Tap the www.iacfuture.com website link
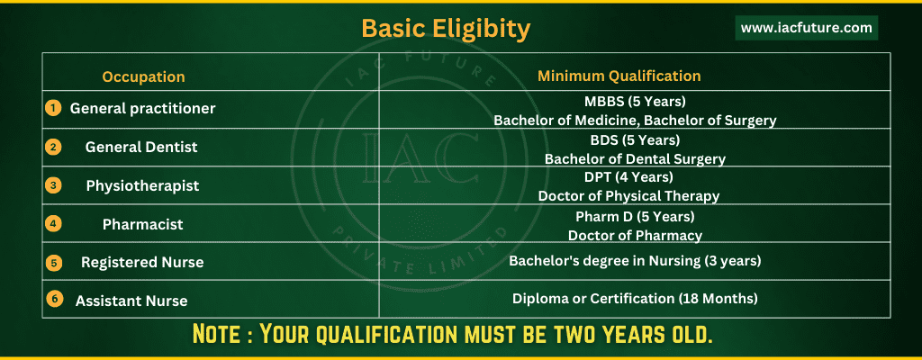[806, 28]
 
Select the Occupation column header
[143, 77]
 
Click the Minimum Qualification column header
[619, 76]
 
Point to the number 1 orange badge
[53, 108]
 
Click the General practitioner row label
[143, 109]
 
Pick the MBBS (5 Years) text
[635, 102]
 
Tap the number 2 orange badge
[53, 147]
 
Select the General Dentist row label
[141, 147]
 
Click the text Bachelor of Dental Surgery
[635, 158]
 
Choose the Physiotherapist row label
[143, 186]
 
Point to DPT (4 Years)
[635, 176]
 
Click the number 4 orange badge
[53, 223]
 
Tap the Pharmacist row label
[143, 224]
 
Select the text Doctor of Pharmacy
[635, 235]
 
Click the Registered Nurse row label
[142, 263]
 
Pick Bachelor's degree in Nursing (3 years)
[635, 261]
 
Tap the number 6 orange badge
[53, 299]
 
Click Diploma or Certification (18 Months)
[635, 298]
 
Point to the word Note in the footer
[216, 334]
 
